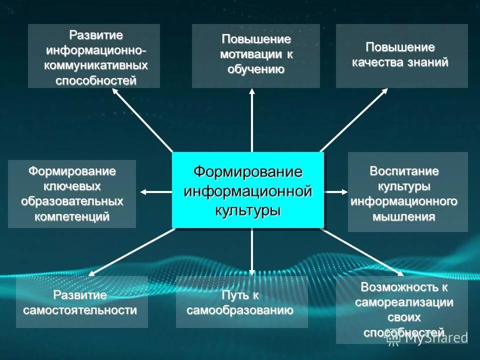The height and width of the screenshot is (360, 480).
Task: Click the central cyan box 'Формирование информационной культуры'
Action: tap(248, 190)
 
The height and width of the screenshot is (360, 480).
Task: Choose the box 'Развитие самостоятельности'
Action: tap(81, 302)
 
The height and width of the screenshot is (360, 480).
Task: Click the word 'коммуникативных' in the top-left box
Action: tap(96, 65)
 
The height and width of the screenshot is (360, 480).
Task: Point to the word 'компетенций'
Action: tap(72, 216)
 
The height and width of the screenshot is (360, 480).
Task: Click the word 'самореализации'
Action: tap(404, 302)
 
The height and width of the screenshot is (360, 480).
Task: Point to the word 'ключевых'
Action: tap(72, 186)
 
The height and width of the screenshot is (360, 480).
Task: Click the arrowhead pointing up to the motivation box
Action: tap(252, 92)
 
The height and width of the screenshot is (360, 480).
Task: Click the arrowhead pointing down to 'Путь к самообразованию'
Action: tap(252, 272)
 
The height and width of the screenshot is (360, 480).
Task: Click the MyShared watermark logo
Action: tap(427, 337)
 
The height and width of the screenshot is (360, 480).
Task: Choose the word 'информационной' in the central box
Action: tap(248, 190)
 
